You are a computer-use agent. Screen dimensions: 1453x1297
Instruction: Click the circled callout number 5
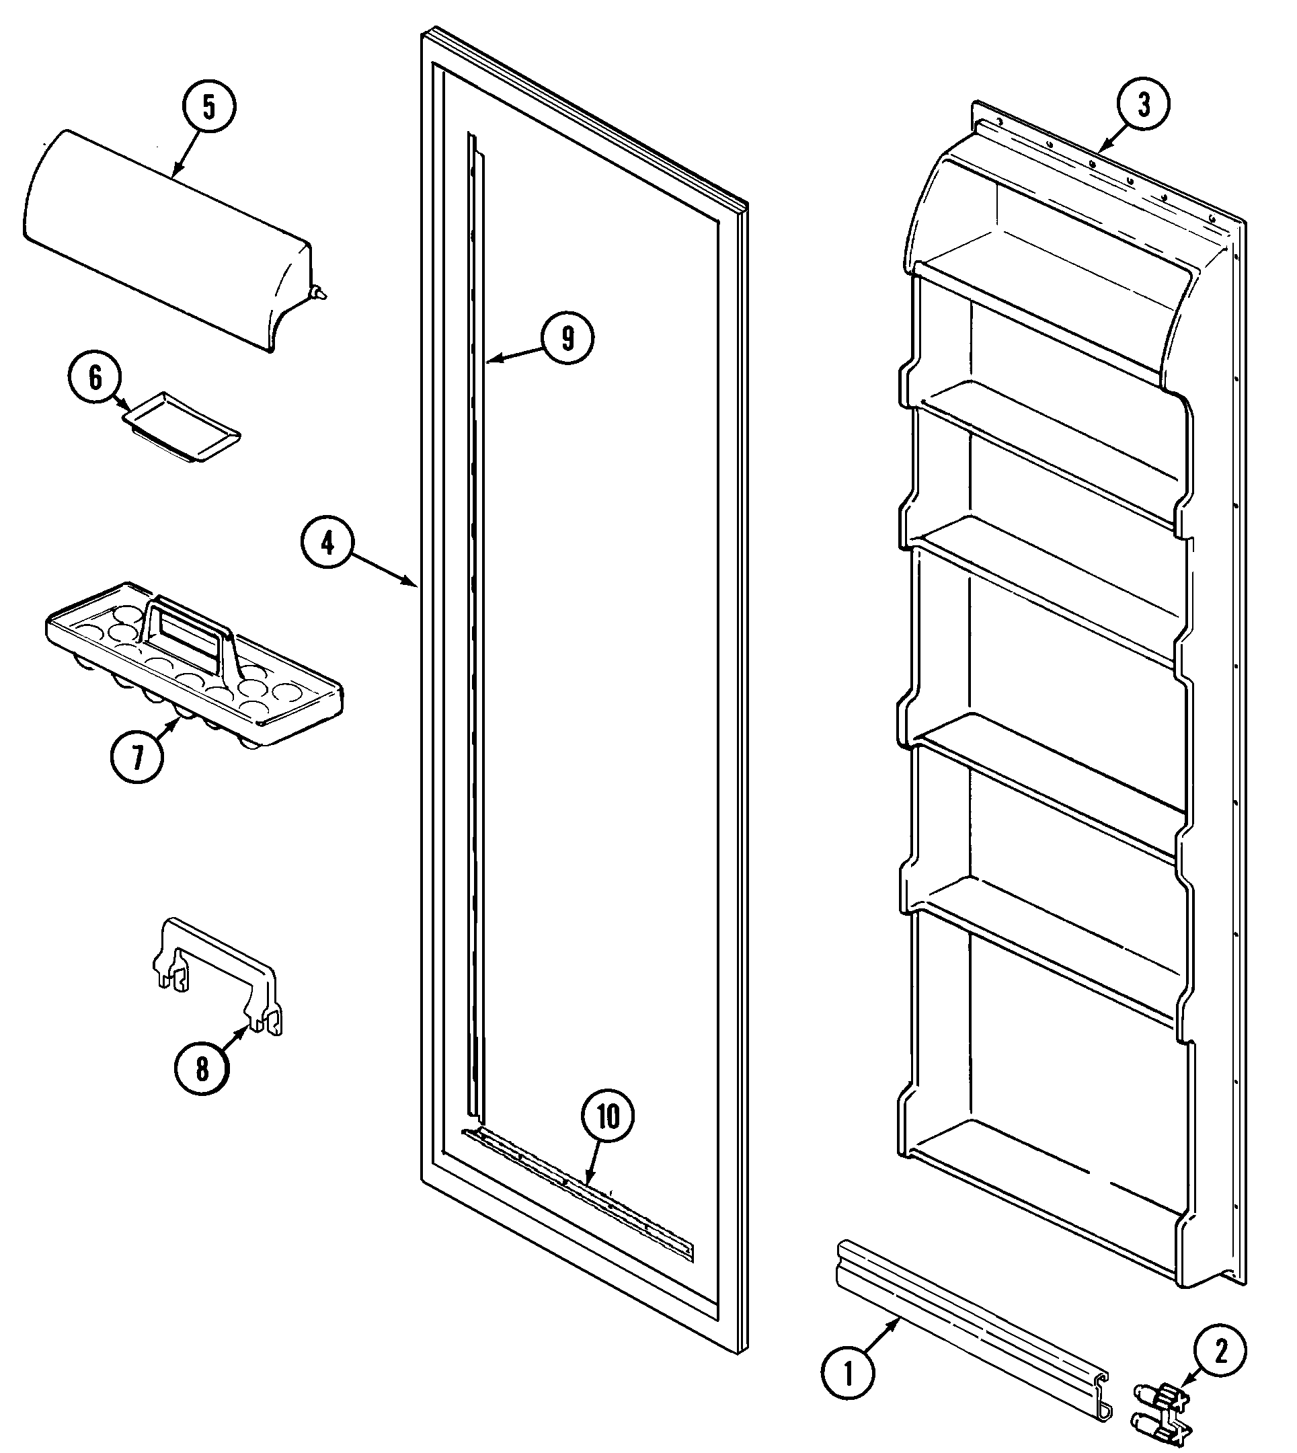click(x=207, y=106)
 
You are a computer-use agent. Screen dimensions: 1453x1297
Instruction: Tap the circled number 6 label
click(x=95, y=379)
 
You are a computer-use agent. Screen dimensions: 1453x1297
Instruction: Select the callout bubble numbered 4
click(x=327, y=544)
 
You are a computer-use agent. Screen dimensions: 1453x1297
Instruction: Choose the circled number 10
click(x=608, y=1117)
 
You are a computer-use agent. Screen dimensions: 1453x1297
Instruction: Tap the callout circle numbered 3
click(x=1143, y=105)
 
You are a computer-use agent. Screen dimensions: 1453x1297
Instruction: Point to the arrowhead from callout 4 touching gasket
click(x=415, y=586)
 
